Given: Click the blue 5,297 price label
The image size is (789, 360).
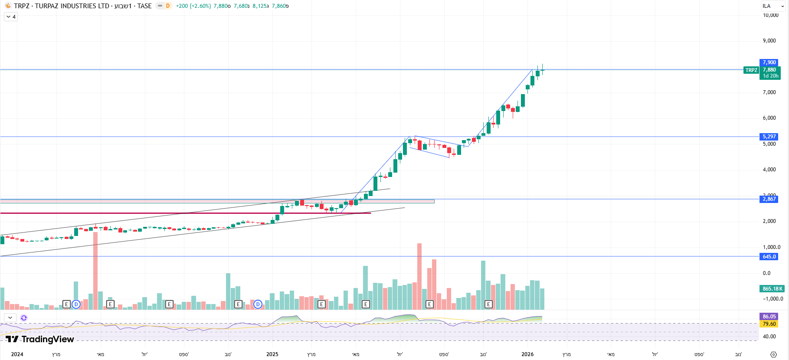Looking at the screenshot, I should (x=769, y=137).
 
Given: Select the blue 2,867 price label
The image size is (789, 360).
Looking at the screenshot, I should (x=769, y=199).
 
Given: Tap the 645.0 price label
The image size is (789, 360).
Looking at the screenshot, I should (x=769, y=257).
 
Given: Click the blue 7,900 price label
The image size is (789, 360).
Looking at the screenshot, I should (x=769, y=62).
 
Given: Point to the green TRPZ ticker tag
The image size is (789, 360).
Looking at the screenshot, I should (x=751, y=70).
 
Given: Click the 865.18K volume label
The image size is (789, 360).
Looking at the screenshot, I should (x=773, y=289).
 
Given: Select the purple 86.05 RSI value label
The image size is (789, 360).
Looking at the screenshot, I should (x=769, y=317).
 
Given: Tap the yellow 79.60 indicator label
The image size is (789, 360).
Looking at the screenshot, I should (x=769, y=324).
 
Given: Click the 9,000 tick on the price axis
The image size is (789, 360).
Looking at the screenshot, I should (x=769, y=41).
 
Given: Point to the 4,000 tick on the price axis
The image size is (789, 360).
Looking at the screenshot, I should (x=769, y=170).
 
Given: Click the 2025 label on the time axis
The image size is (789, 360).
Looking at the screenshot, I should (x=272, y=354).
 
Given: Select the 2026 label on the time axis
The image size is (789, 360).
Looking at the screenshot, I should (x=527, y=354).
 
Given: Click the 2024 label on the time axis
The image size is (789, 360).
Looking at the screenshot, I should (x=17, y=354).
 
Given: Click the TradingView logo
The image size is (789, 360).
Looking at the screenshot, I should (x=40, y=339).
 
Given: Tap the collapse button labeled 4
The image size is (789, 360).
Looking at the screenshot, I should (x=11, y=17).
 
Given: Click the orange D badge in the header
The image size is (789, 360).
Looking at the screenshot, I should (x=168, y=6).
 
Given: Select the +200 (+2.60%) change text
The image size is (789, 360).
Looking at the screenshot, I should (x=193, y=6).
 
